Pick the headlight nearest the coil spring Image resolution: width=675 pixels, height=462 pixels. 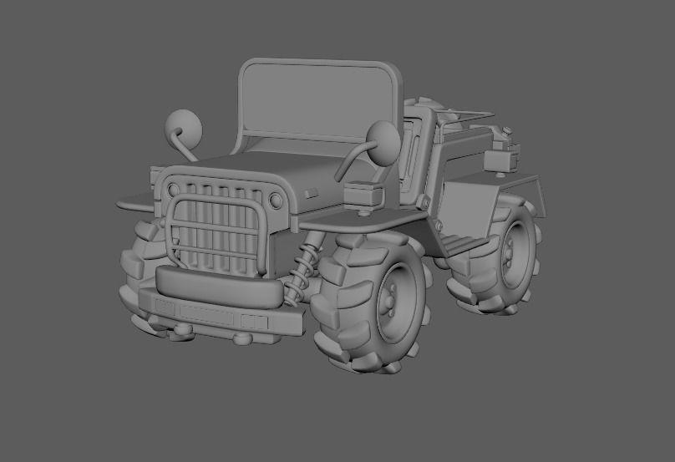276,200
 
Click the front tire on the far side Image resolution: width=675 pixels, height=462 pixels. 139,267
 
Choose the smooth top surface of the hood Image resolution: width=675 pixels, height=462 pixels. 276,167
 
